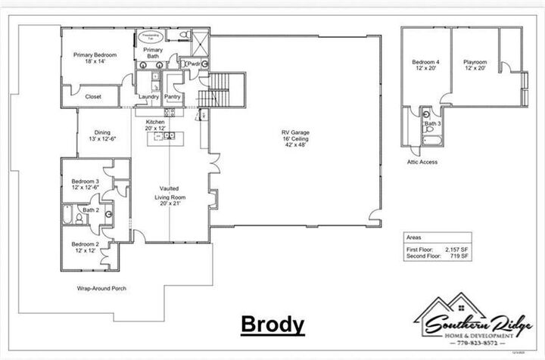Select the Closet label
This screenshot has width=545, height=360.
click(93, 97)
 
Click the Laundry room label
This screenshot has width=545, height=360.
click(148, 97)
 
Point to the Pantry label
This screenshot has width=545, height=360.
click(172, 97)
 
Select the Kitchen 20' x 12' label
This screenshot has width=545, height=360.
click(155, 125)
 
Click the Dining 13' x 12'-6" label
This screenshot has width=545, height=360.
click(102, 135)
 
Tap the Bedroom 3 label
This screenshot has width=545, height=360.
click(86, 185)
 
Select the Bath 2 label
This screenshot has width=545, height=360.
click(92, 209)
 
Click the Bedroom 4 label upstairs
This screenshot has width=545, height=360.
click(425, 66)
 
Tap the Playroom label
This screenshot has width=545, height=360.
click(475, 66)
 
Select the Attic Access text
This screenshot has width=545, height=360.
click(422, 162)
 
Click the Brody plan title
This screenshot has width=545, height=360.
click(272, 324)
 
